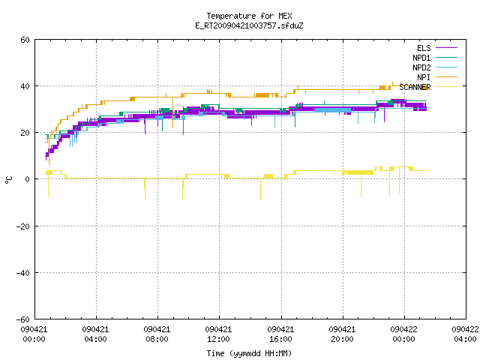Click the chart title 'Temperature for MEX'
249,16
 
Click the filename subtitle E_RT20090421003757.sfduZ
249,25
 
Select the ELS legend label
424,48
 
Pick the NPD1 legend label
421,58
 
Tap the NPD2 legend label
421,67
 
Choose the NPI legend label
424,77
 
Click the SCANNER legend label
415,87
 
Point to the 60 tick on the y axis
25,40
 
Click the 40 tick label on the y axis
25,86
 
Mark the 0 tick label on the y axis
28,179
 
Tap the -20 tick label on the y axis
23,226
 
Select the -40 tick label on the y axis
23,273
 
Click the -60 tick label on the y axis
23,319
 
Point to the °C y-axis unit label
8,180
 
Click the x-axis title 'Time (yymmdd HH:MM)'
249,353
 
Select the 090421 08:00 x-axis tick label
157,334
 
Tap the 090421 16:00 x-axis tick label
280,334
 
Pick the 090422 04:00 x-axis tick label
465,334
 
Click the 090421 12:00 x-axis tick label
218,334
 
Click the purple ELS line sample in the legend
447,48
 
